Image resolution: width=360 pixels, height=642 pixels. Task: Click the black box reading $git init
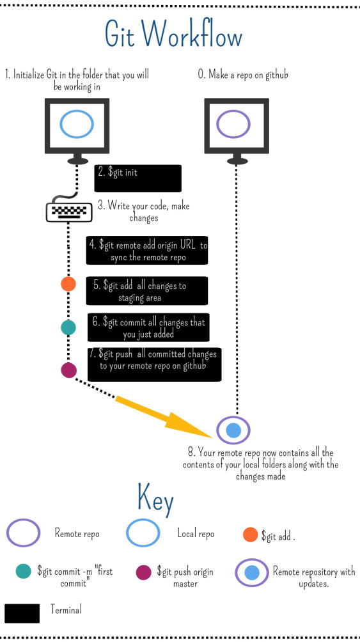pyautogui.click(x=137, y=178)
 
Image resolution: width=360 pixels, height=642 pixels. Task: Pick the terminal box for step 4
pyautogui.click(x=146, y=250)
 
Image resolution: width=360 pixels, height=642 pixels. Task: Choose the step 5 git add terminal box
pyautogui.click(x=146, y=291)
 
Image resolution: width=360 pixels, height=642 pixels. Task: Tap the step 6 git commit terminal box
pyautogui.click(x=148, y=327)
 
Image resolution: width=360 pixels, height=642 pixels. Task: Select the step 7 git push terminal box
pyautogui.click(x=154, y=364)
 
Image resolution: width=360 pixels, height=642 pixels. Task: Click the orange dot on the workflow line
pyautogui.click(x=68, y=284)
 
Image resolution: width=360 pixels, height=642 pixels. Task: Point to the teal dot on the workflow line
pyautogui.click(x=68, y=327)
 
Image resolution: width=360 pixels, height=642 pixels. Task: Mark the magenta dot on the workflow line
pyautogui.click(x=69, y=370)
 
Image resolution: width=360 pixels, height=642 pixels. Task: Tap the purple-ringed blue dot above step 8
pyautogui.click(x=233, y=430)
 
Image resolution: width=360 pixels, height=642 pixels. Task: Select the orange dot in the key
pyautogui.click(x=250, y=535)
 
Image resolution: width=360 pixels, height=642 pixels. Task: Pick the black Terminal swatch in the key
pyautogui.click(x=22, y=613)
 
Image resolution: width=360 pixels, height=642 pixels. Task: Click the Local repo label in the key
pyautogui.click(x=196, y=533)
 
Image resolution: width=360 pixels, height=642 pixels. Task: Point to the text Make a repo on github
pyautogui.click(x=243, y=74)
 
